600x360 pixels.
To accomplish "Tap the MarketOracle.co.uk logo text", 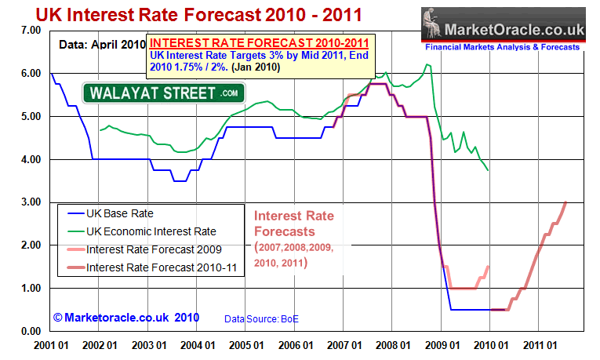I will tap(514, 30).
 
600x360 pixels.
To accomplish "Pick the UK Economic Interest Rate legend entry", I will tap(151, 231).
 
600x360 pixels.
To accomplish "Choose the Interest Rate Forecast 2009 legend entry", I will tap(154, 249).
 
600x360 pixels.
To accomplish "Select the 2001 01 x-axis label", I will tap(49, 344).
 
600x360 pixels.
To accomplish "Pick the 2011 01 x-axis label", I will tap(536, 344).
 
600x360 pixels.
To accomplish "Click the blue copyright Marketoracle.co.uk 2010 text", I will tap(125, 318).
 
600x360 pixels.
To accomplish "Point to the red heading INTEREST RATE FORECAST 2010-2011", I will tap(260, 44).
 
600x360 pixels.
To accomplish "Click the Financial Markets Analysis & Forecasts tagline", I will tap(513, 47).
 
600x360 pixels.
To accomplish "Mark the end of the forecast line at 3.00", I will tap(565, 202).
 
